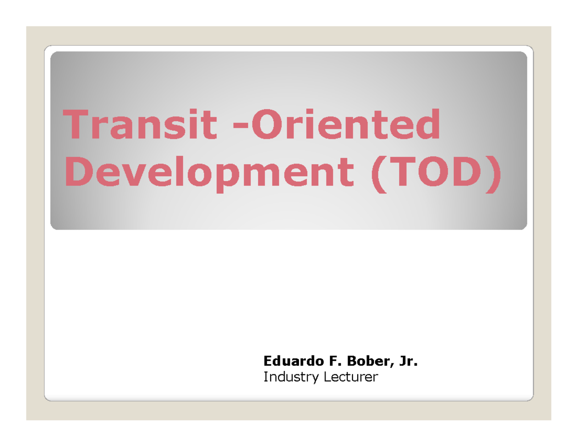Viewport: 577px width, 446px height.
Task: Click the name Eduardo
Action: pyautogui.click(x=287, y=361)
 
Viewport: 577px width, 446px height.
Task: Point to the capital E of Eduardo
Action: pyautogui.click(x=266, y=361)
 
